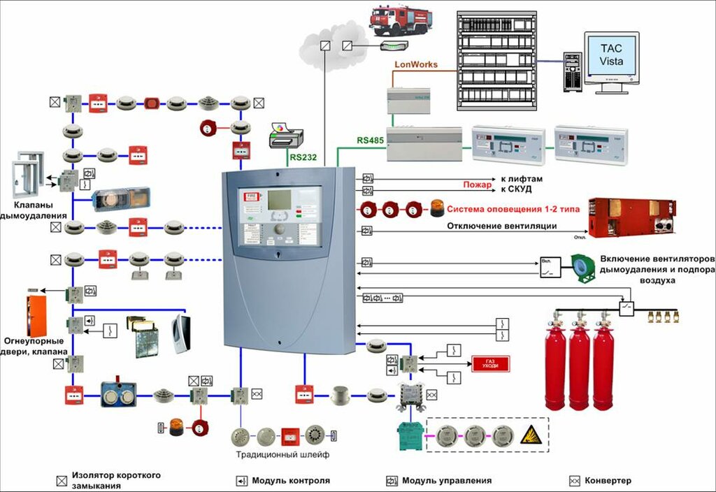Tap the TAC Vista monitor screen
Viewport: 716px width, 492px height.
point(610,55)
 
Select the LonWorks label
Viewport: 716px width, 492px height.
point(416,64)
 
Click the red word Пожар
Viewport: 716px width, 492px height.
point(478,185)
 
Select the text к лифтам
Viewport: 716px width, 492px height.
point(522,179)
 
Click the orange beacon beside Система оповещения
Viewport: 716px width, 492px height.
point(436,208)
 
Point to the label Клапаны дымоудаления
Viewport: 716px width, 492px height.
point(39,212)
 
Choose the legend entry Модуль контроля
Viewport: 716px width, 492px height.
point(291,481)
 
